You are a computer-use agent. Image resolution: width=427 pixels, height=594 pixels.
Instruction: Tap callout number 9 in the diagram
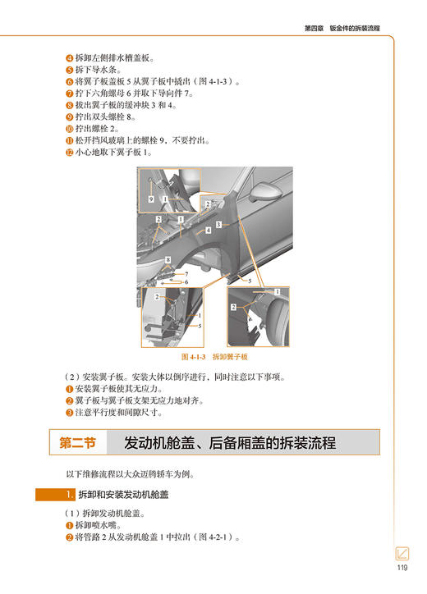(150, 199)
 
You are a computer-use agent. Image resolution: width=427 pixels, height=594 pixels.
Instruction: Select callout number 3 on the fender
(218, 224)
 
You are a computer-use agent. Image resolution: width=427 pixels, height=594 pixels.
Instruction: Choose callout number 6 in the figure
(186, 273)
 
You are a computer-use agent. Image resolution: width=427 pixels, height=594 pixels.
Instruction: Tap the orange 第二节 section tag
(78, 442)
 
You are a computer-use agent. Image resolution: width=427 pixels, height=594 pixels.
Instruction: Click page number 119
(402, 568)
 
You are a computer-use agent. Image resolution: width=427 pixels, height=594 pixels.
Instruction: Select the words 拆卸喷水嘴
(99, 525)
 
